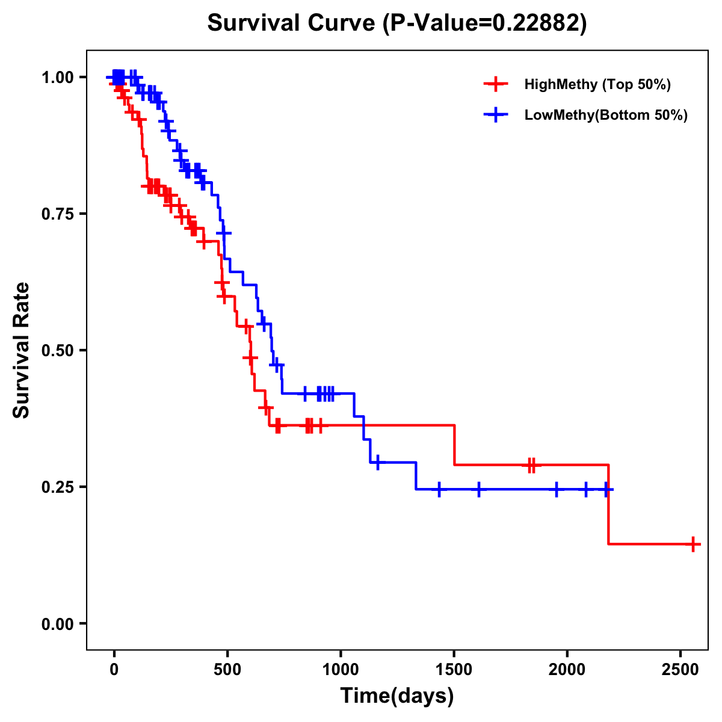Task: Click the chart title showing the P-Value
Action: pyautogui.click(x=397, y=23)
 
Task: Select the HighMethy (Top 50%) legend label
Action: pyautogui.click(x=597, y=84)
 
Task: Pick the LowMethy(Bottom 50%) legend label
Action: pyautogui.click(x=606, y=116)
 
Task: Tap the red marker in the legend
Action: pyautogui.click(x=495, y=84)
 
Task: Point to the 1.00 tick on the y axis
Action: pyautogui.click(x=57, y=78)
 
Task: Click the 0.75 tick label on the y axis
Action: pyautogui.click(x=57, y=214)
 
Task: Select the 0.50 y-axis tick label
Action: pyautogui.click(x=57, y=351)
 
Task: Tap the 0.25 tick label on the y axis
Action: pyautogui.click(x=57, y=487)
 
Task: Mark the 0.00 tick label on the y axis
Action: pyautogui.click(x=57, y=624)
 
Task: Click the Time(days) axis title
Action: pyautogui.click(x=397, y=696)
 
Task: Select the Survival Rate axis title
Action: pyautogui.click(x=22, y=350)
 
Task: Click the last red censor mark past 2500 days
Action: pyautogui.click(x=693, y=544)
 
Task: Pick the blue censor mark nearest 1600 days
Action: pyautogui.click(x=479, y=489)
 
